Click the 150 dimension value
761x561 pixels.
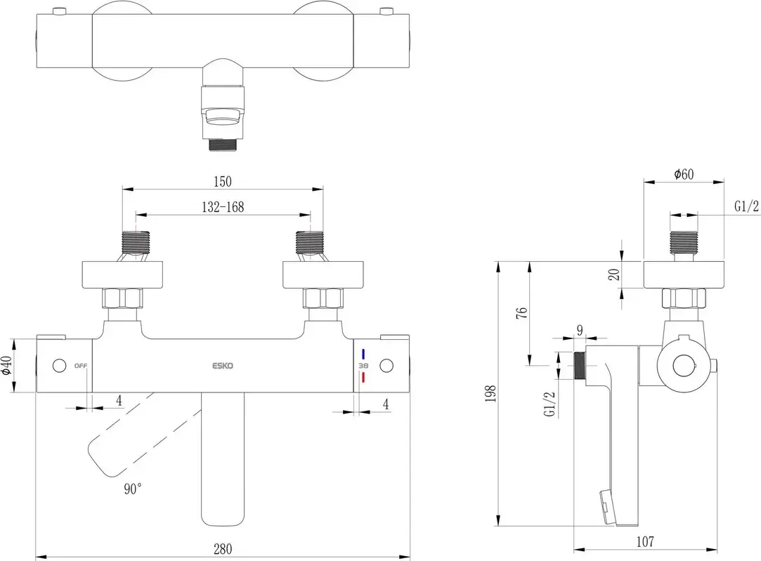(x=223, y=181)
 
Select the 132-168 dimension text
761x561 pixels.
(x=221, y=207)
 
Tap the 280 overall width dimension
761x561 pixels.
(x=223, y=548)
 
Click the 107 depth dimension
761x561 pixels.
(x=645, y=541)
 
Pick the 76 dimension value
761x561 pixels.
(x=521, y=313)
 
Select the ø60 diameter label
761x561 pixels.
(x=683, y=175)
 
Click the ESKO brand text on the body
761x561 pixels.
(x=223, y=366)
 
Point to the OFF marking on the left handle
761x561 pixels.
(x=80, y=366)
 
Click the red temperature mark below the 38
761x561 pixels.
(x=363, y=378)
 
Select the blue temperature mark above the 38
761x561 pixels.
(x=363, y=354)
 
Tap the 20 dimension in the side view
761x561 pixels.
(x=614, y=275)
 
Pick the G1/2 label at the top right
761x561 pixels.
(x=746, y=206)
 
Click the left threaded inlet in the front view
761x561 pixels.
(x=136, y=243)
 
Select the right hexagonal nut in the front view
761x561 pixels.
(x=322, y=299)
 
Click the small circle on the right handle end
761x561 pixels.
(x=385, y=366)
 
